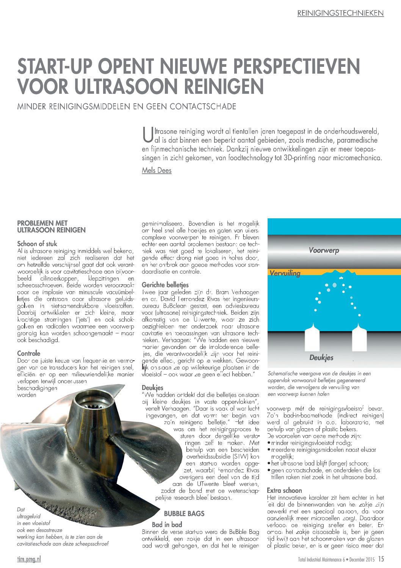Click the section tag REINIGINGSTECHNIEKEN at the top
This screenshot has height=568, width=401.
340,13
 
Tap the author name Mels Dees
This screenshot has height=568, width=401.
157,170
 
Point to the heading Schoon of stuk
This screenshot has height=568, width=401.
37,244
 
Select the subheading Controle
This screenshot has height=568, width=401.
29,353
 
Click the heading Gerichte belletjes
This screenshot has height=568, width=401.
165,285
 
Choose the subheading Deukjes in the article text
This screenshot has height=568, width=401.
152,388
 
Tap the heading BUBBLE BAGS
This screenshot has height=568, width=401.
184,514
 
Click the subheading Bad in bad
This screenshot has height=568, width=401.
167,524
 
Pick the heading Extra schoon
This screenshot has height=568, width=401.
284,490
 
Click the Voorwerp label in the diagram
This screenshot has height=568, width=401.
324,251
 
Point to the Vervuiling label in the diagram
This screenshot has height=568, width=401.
285,273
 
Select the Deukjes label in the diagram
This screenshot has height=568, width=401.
321,358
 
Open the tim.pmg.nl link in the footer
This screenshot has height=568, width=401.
29,559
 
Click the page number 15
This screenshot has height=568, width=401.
381,559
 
